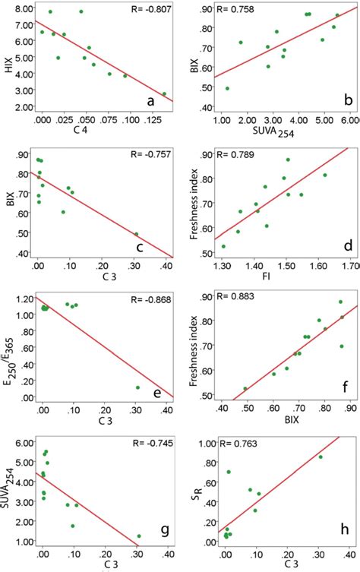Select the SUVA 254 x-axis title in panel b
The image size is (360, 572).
276,135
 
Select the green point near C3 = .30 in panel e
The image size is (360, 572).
137,387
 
